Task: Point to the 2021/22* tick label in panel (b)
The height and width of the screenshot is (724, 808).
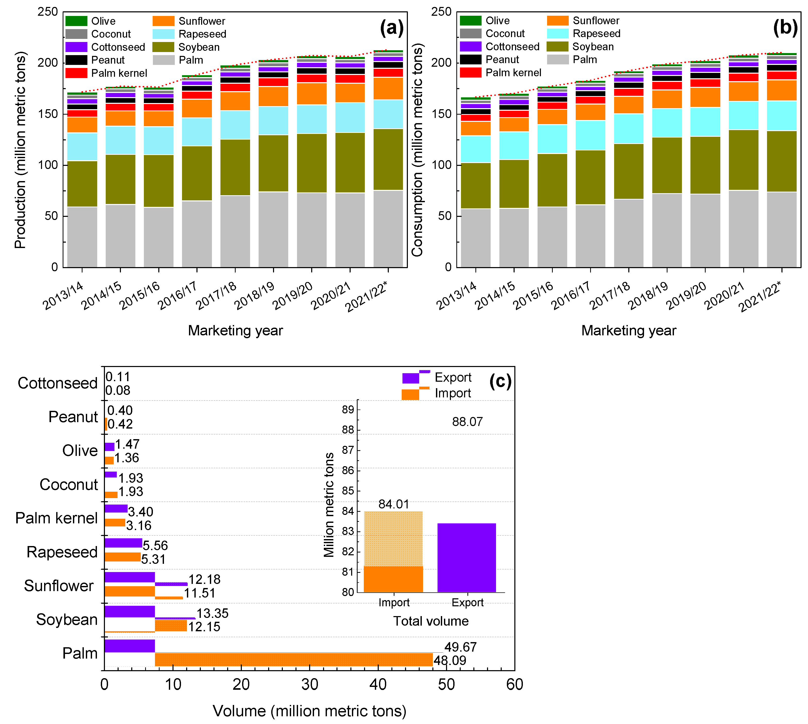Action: click(760, 297)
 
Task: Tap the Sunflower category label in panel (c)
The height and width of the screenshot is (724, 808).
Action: click(59, 586)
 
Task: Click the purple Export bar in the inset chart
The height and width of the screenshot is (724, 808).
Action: click(466, 557)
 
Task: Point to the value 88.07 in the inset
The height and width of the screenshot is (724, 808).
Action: click(467, 422)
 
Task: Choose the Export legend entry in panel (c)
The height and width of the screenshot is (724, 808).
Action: click(453, 377)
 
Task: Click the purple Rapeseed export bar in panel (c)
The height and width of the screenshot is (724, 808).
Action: click(123, 543)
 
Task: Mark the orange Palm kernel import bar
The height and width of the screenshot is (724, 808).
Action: click(115, 523)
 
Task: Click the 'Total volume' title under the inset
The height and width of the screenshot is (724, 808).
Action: click(431, 621)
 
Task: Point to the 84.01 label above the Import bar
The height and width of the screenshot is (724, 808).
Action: click(393, 504)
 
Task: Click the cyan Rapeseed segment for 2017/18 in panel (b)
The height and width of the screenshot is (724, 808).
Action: click(628, 129)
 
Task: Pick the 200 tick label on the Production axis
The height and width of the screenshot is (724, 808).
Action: click(48, 63)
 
